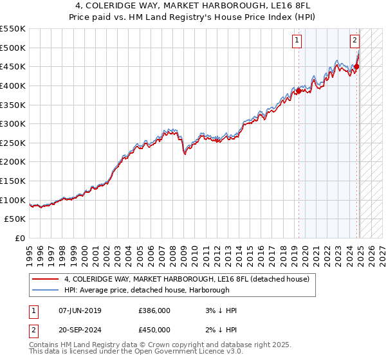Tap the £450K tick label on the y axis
[x=13, y=66]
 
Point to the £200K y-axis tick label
[x=13, y=161]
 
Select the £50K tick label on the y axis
[x=15, y=219]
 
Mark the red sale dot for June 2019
[x=299, y=91]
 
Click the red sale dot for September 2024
[x=356, y=66]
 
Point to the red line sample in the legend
[x=45, y=279]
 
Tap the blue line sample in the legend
[x=45, y=290]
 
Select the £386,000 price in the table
[x=154, y=310]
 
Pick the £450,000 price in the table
[x=154, y=329]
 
